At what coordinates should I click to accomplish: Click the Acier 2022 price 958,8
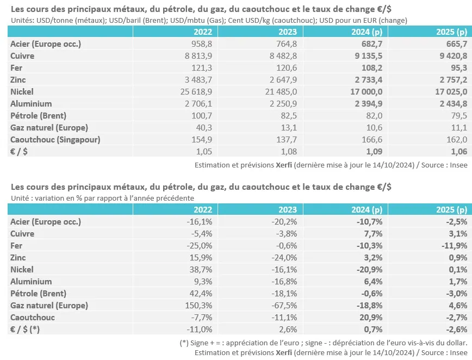[x=202, y=44]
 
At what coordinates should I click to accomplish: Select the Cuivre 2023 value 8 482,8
[x=283, y=56]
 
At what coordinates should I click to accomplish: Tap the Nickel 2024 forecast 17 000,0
[x=366, y=92]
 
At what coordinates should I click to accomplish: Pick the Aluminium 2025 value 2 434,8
[x=454, y=104]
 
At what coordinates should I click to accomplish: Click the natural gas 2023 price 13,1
[x=289, y=128]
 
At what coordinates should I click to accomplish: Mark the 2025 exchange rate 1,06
[x=459, y=151]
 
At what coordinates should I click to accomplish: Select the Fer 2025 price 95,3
[x=459, y=68]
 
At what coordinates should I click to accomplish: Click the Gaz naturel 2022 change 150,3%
[x=198, y=306]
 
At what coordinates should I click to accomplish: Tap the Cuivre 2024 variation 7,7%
[x=373, y=234]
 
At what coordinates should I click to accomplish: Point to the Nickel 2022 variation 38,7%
[x=201, y=270]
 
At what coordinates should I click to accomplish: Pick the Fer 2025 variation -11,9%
[x=455, y=246]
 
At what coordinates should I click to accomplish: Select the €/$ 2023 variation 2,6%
[x=288, y=330]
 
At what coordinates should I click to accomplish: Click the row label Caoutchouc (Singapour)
[x=55, y=140]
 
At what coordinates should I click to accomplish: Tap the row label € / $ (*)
[x=24, y=330]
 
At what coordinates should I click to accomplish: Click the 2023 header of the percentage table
[x=288, y=209]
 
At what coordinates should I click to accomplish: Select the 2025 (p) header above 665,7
[x=451, y=32]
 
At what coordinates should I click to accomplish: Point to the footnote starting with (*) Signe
[x=324, y=343]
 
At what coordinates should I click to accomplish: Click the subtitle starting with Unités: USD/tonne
[x=209, y=21]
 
